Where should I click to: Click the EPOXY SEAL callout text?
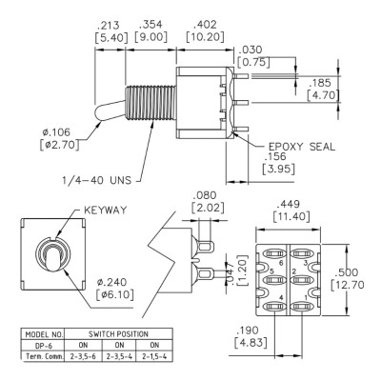[302, 147]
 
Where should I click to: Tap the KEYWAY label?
[105, 211]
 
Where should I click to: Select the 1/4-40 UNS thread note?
[96, 180]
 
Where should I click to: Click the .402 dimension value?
[205, 25]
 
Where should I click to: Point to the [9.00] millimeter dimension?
[150, 37]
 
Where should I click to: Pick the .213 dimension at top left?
[109, 25]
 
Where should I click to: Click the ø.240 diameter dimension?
[111, 282]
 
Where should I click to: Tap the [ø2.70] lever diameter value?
[59, 145]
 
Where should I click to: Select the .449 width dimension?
[288, 204]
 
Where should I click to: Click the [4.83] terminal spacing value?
[250, 343]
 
